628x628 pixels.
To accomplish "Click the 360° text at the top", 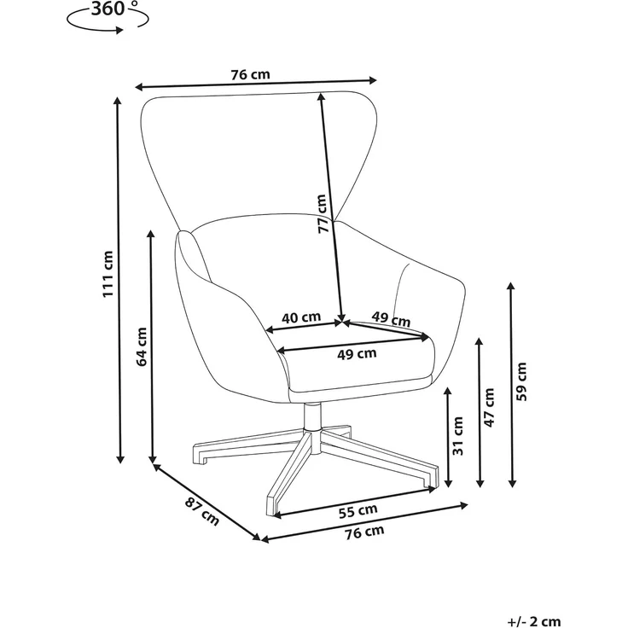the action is pos(114,9).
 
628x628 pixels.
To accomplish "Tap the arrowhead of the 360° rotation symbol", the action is pos(119,30).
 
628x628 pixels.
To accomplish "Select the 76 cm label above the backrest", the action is pos(250,74).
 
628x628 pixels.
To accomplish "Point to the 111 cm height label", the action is pos(108,275).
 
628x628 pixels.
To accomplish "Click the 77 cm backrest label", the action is pos(323,214).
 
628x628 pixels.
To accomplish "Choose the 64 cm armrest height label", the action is pos(142,346).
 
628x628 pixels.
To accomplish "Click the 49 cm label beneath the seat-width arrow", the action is pos(357,354).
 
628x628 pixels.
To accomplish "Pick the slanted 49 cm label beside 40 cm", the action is pos(391,319).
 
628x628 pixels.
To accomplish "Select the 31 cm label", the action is pos(458,436).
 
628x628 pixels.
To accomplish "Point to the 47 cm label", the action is pos(490,407).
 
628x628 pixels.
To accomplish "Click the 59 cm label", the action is pos(521,381).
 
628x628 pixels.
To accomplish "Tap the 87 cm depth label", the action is pos(202,511).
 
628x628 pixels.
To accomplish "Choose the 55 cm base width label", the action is pos(358,511).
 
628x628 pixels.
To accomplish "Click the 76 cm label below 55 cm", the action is pos(364,532).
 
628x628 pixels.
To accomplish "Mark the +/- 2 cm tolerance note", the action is pos(534,621).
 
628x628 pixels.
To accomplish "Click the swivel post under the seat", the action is pos(312,416).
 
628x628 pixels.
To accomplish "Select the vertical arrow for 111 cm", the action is pos(119,281).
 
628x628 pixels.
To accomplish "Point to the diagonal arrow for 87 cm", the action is pos(207,502).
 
